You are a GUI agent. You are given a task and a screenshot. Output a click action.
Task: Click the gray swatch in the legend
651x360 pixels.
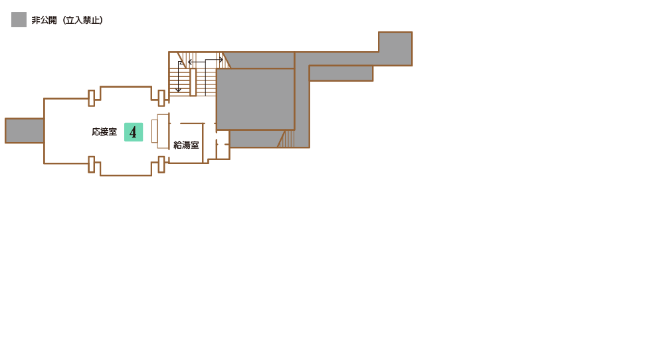point(19,19)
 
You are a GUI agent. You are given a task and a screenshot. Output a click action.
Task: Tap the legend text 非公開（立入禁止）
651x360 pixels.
point(67,20)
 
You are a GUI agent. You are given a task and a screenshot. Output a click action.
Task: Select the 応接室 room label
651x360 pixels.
point(104,132)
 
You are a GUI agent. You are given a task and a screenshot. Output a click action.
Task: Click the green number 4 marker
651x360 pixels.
point(134,132)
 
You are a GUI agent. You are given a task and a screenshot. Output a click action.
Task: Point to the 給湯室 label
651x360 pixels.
point(186,145)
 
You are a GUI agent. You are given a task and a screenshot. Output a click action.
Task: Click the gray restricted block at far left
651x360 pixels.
point(25,131)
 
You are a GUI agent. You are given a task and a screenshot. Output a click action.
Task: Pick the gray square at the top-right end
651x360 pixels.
point(395,48)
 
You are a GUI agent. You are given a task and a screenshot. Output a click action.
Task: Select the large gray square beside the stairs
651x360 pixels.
point(255,99)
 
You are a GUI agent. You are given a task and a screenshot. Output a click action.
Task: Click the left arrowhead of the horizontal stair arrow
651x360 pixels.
point(190,62)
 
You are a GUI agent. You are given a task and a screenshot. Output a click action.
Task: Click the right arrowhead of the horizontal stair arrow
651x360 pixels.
point(221,60)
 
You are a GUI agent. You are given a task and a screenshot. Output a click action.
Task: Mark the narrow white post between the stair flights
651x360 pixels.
point(193,82)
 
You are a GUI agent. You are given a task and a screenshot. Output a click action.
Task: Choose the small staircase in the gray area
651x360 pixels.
point(286,139)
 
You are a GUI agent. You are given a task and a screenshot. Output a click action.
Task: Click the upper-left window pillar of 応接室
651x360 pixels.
point(92,98)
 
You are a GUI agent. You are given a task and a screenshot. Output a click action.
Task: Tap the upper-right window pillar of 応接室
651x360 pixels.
point(161,98)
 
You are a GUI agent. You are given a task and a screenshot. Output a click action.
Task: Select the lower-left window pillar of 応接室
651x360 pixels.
point(92,165)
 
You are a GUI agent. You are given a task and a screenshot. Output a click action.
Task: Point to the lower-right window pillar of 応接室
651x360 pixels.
point(161,165)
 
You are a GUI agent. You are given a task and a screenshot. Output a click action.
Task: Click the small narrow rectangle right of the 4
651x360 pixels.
point(154,132)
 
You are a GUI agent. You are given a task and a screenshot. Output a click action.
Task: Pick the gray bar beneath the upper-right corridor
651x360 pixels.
point(341,73)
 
